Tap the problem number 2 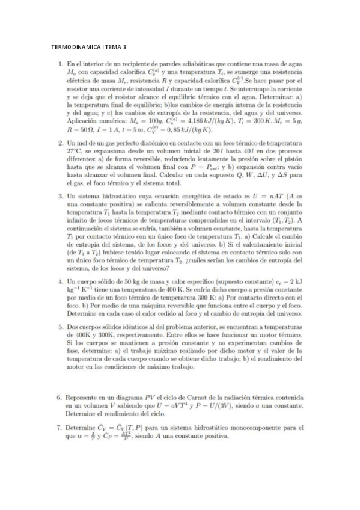pos(60,143)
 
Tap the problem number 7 pos(60,428)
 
